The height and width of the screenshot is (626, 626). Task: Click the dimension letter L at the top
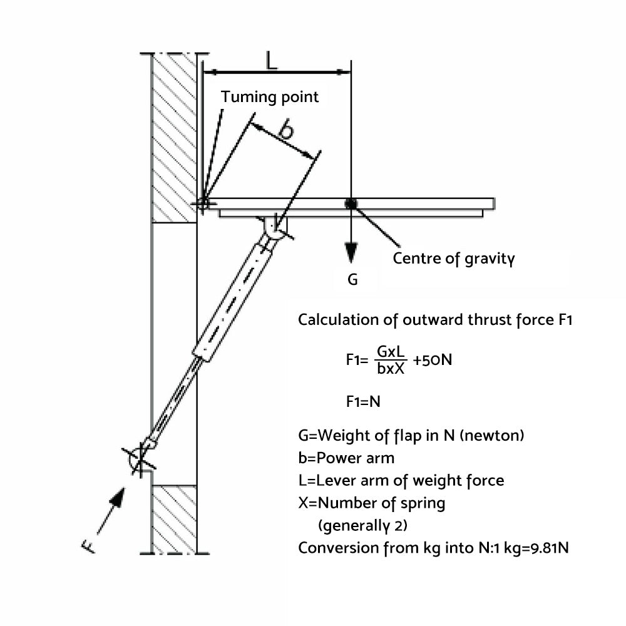270,61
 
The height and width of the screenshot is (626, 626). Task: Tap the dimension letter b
286,130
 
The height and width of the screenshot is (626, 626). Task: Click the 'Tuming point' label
270,97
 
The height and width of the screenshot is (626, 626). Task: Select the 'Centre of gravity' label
454,258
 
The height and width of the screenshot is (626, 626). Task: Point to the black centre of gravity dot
351,203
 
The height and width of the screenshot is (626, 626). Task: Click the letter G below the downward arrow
352,280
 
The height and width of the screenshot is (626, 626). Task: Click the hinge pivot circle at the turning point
203,203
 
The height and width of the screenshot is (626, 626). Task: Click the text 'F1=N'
363,401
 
